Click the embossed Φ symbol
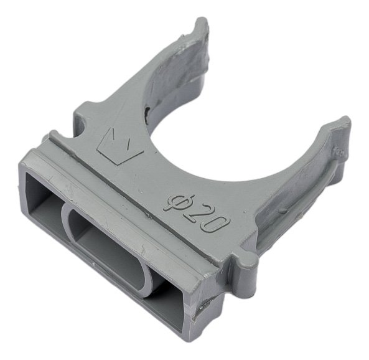[179, 202]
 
